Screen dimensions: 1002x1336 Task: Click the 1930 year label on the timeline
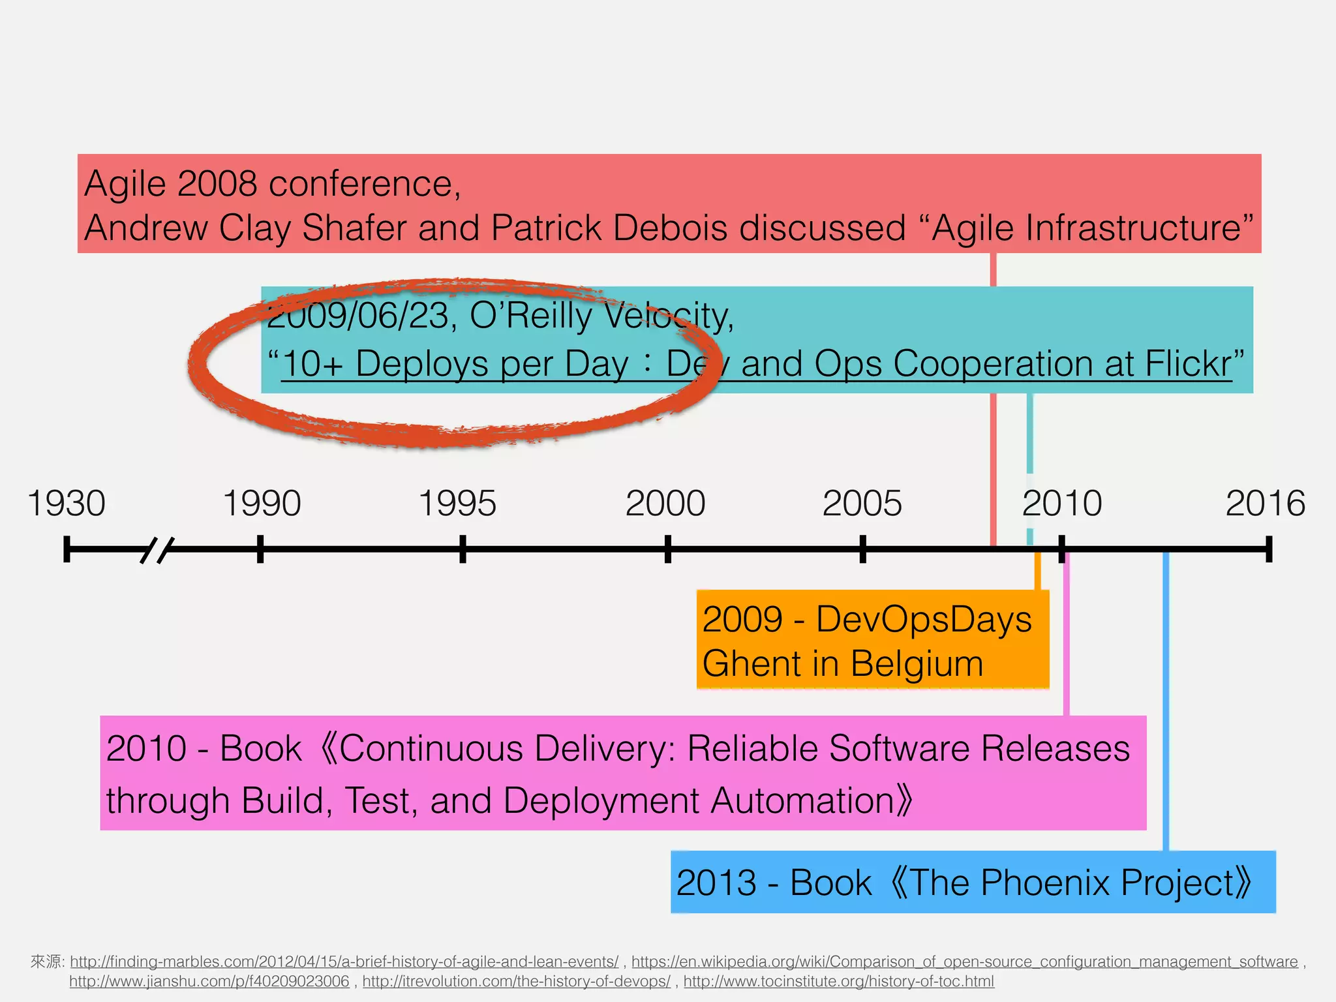point(67,504)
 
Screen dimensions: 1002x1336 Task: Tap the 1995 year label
point(457,504)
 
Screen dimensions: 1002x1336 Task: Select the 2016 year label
point(1265,504)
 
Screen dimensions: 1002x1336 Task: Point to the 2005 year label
point(862,504)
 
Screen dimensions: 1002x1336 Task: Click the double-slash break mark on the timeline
point(157,550)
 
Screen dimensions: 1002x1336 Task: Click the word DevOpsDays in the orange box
point(924,619)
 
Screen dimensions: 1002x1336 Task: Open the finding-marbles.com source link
point(344,962)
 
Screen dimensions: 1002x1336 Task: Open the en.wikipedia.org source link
point(964,962)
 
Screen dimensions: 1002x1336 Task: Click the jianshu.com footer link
point(209,981)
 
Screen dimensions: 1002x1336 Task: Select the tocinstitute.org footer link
point(838,981)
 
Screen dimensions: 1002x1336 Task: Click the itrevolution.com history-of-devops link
point(516,981)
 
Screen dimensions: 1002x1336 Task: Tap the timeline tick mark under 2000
point(667,549)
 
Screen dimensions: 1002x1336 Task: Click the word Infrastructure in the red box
point(1085,228)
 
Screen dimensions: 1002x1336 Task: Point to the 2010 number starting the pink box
point(146,748)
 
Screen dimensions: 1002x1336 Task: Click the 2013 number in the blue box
point(716,883)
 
